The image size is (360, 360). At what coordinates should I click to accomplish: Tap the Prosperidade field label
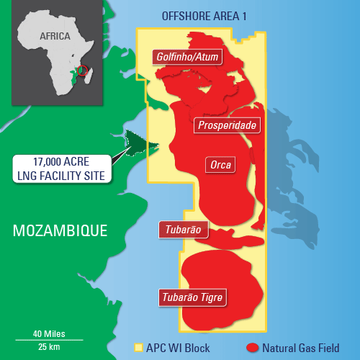(x=226, y=125)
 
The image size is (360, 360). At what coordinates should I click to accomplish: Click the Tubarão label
(x=183, y=230)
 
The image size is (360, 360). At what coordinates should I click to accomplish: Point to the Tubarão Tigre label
(x=194, y=296)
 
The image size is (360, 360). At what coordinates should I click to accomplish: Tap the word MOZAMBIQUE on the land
(x=60, y=230)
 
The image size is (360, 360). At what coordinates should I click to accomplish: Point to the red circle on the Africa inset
(x=82, y=71)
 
